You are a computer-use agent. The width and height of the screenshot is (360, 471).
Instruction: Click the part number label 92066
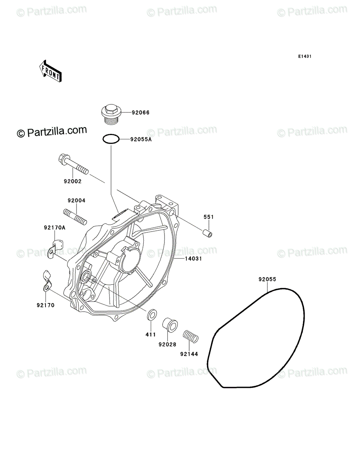141,112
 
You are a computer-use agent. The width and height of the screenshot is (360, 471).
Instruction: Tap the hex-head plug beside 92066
111,114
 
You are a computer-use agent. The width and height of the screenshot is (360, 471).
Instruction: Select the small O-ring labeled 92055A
111,139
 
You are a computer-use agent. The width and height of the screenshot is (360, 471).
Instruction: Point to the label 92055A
141,139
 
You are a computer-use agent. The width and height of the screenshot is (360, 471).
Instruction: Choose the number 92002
73,181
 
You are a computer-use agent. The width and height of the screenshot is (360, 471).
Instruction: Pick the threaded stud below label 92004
75,217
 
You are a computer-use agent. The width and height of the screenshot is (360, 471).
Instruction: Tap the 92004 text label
77,201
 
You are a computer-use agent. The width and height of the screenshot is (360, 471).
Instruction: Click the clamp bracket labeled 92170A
55,248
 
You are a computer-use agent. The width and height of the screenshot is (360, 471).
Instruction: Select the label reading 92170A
55,227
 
